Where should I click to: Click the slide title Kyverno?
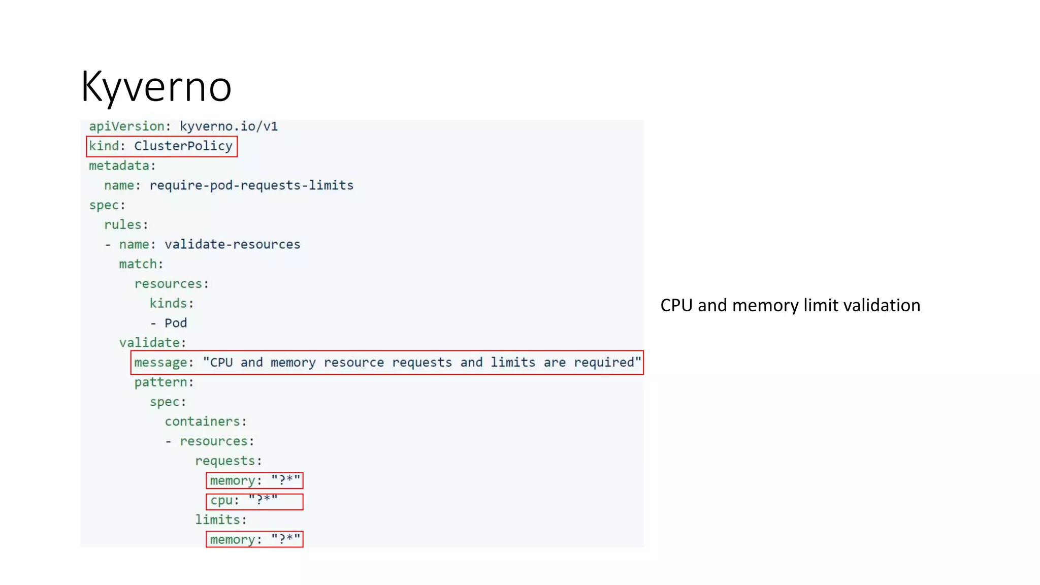(x=156, y=86)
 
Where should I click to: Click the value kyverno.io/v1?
(x=229, y=126)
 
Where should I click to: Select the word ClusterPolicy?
(x=183, y=146)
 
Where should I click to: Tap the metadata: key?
(x=122, y=166)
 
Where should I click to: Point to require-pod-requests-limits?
(x=251, y=185)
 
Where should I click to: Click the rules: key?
(x=126, y=224)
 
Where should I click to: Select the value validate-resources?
(x=232, y=244)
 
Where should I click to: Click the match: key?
(x=141, y=264)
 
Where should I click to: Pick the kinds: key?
(x=171, y=303)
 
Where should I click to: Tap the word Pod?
(x=175, y=323)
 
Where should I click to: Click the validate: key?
(x=152, y=343)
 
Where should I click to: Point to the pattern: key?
(x=164, y=382)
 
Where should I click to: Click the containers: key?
(x=205, y=421)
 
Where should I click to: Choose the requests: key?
(x=228, y=461)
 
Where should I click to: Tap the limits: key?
(x=220, y=519)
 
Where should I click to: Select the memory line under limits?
(x=254, y=539)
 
